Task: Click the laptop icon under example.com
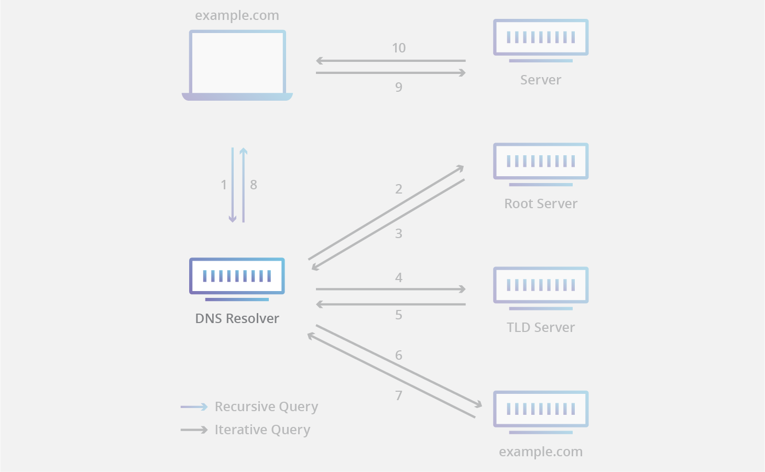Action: tap(237, 65)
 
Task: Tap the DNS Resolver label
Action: tap(237, 318)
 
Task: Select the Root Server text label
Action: tap(541, 203)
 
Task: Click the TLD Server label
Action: tap(541, 327)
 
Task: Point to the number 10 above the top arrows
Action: tap(399, 48)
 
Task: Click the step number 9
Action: tap(399, 87)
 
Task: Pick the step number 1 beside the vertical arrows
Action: tap(224, 185)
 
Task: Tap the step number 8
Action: tap(254, 185)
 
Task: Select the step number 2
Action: tap(399, 189)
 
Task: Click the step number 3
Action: tap(399, 233)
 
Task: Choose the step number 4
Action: tap(399, 277)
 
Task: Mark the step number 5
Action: tap(399, 315)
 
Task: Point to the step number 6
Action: tap(399, 355)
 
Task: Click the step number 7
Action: tap(399, 395)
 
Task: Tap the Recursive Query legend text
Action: tap(266, 407)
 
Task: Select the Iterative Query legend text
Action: tap(262, 430)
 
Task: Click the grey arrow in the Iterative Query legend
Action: tap(194, 430)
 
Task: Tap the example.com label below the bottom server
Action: tap(541, 452)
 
